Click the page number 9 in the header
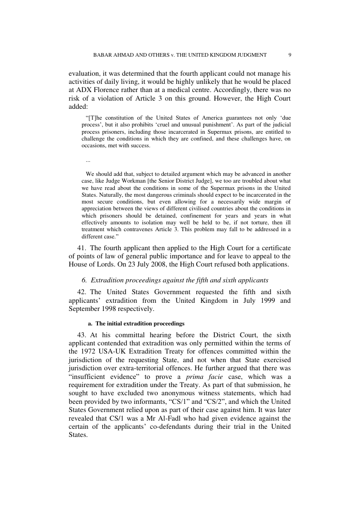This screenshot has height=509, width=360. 290,55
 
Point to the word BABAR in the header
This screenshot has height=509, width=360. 102,55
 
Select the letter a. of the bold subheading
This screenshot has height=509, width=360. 90,324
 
